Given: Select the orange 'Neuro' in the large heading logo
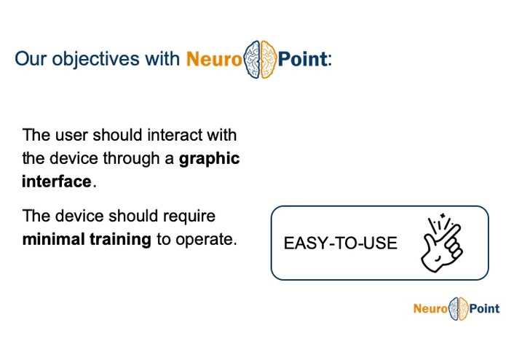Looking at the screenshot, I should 213,58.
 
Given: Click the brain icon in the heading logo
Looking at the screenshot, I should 260,57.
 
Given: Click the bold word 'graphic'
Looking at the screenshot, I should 209,158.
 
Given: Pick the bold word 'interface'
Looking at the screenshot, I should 57,181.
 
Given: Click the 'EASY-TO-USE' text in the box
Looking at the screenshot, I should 340,243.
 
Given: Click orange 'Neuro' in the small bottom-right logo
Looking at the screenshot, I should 430,309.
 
